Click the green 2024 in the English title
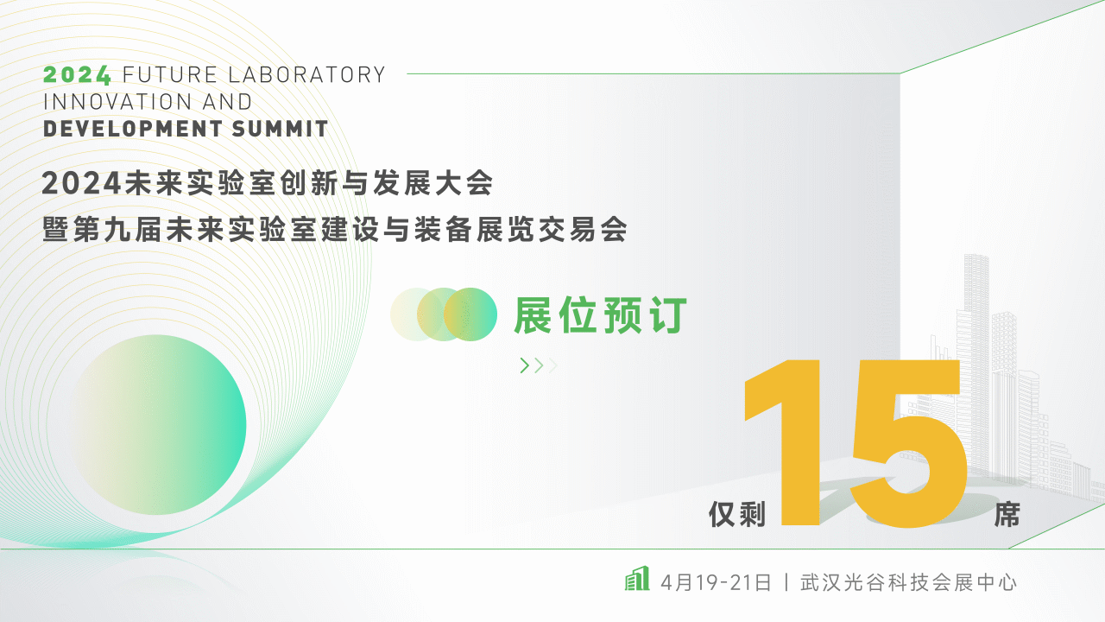pos(77,74)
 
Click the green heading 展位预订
pos(600,315)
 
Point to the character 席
pos(1007,515)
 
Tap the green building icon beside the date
pos(636,580)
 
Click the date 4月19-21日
pos(716,581)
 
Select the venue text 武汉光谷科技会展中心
pos(909,581)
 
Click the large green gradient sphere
pos(158,425)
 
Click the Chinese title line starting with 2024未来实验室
pos(267,183)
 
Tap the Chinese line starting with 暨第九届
pos(335,230)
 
